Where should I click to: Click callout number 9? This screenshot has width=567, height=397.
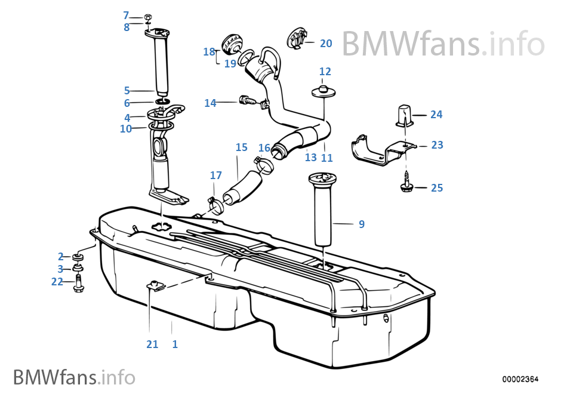click(x=362, y=224)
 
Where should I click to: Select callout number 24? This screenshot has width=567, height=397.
click(x=436, y=114)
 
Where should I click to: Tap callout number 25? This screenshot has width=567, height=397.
click(x=437, y=188)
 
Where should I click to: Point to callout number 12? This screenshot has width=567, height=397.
click(x=325, y=72)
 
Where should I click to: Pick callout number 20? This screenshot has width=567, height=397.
click(x=326, y=44)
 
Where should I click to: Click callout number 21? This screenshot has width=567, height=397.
click(x=152, y=344)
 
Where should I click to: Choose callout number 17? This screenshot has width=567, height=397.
click(x=215, y=176)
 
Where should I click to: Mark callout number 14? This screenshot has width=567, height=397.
click(x=210, y=103)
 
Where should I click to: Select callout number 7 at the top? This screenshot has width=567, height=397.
click(x=126, y=15)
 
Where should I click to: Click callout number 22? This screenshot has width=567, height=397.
click(x=57, y=282)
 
